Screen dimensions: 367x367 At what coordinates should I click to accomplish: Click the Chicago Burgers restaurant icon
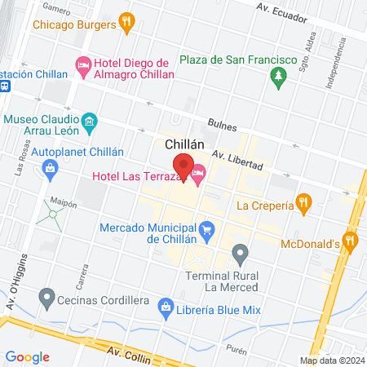click(x=126, y=24)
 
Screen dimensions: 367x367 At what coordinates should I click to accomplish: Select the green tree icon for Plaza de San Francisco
click(x=278, y=76)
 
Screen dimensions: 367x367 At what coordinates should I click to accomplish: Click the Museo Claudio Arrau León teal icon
click(x=91, y=124)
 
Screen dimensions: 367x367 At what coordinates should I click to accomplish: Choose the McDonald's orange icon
click(x=351, y=241)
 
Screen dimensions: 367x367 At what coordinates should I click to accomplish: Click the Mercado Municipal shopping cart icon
click(x=208, y=231)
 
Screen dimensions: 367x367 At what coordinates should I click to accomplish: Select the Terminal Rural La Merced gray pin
click(x=240, y=256)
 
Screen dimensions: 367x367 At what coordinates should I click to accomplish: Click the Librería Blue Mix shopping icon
click(x=166, y=308)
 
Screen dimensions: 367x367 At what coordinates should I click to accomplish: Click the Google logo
click(x=28, y=357)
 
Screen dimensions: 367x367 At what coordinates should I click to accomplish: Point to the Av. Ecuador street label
click(x=282, y=10)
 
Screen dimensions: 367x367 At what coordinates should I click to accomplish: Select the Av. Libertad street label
click(x=237, y=160)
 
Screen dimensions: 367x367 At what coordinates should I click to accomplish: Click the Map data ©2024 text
click(x=331, y=360)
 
